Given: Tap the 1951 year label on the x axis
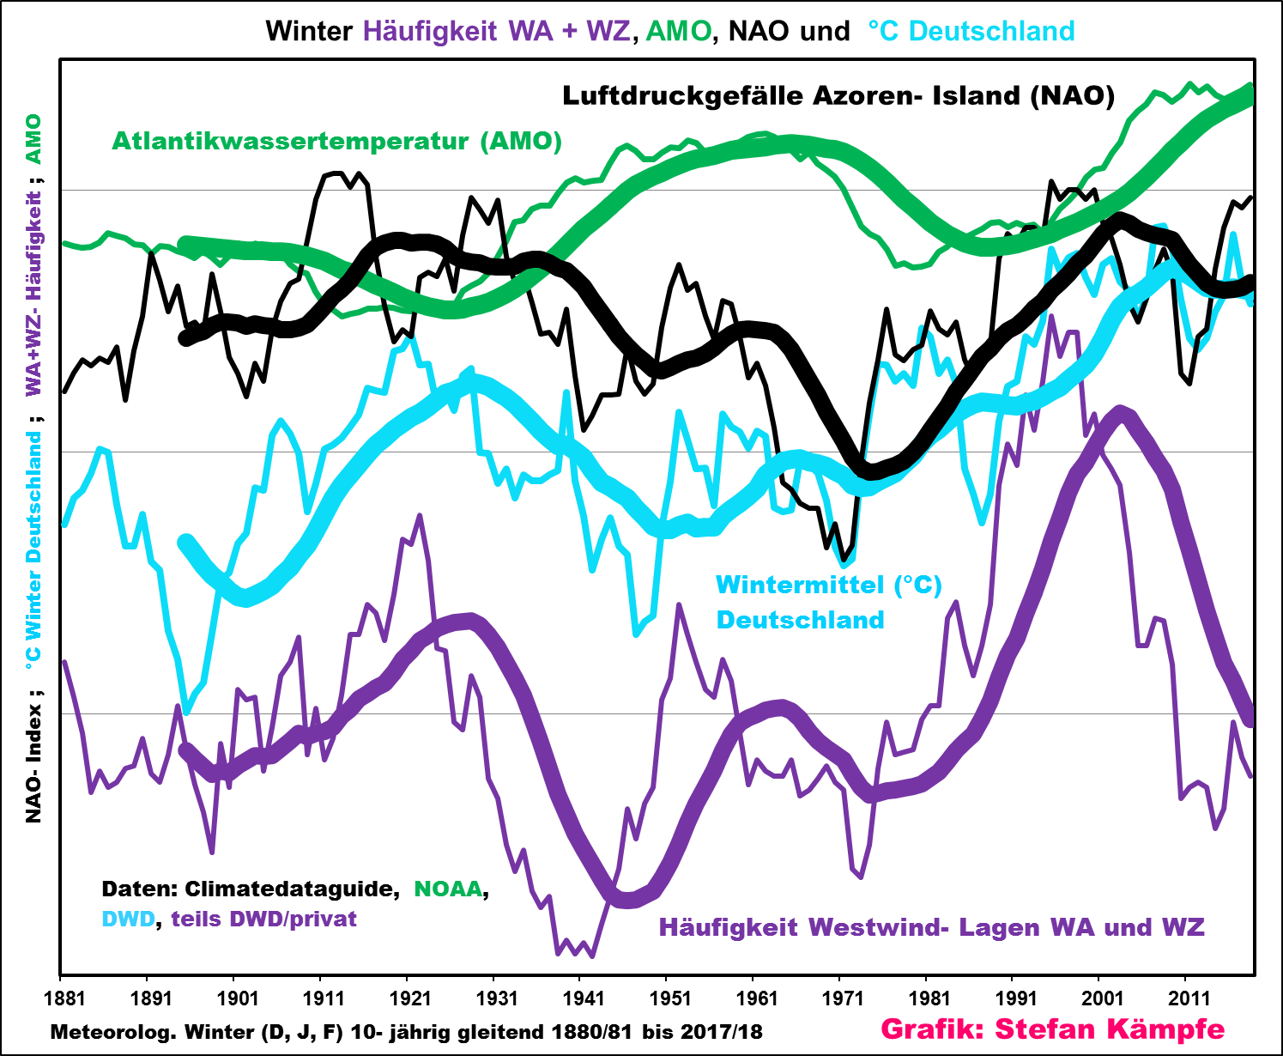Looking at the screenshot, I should tap(670, 998).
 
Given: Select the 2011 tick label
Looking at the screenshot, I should tap(1189, 998).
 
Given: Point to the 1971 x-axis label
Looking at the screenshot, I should tap(844, 998).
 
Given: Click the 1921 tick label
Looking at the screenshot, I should tap(410, 998).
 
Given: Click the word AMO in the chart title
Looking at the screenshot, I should tap(678, 31).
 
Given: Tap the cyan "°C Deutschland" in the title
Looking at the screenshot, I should tap(971, 31).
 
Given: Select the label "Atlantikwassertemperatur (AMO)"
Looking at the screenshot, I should tap(336, 141).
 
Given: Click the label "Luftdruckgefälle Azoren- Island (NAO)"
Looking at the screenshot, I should tap(838, 95).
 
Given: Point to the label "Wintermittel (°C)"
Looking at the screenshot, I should tap(829, 585).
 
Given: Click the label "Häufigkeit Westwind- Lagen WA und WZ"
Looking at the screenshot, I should tap(931, 927).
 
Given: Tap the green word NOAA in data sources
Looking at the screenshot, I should tap(448, 889).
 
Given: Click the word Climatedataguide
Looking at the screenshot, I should tap(292, 889).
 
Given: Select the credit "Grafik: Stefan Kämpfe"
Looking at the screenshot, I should tap(1053, 1029).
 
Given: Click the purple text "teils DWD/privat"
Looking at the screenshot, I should tap(263, 919).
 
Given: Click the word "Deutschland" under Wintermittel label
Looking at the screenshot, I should tap(800, 620).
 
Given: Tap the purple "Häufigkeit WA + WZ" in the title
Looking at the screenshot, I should tap(497, 31).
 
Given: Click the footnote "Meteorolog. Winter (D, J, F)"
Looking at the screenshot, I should tap(197, 1031).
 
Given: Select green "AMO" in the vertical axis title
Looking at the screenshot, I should tap(33, 139).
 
